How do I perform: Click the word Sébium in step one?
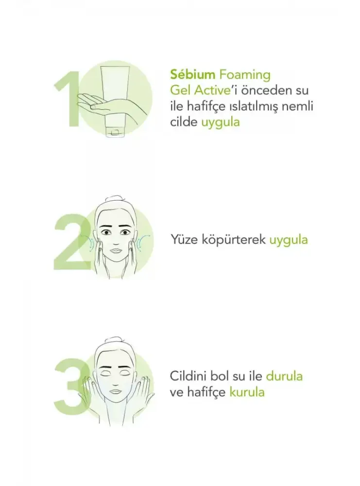[x=192, y=75]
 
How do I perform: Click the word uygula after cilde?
[x=220, y=122]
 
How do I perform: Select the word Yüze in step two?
[x=184, y=240]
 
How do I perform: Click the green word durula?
[x=284, y=376]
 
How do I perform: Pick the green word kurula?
[x=247, y=392]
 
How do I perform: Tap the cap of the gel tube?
[x=115, y=131]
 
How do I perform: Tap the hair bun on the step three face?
[x=114, y=342]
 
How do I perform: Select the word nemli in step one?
[x=298, y=106]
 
